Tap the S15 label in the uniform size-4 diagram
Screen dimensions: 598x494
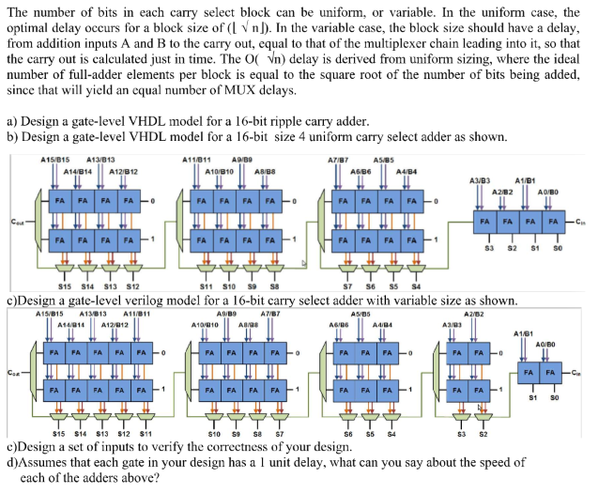(65, 285)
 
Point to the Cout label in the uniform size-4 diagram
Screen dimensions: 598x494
(17, 222)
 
